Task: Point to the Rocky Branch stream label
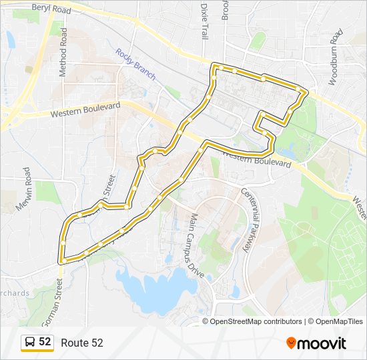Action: point(135,64)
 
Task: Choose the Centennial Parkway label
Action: point(249,220)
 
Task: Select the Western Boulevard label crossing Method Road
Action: point(85,110)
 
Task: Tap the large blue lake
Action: point(150,290)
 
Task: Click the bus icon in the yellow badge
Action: point(30,342)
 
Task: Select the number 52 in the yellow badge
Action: point(45,342)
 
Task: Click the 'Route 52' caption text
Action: point(82,343)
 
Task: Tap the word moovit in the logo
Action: point(322,343)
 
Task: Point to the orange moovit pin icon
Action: point(291,343)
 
